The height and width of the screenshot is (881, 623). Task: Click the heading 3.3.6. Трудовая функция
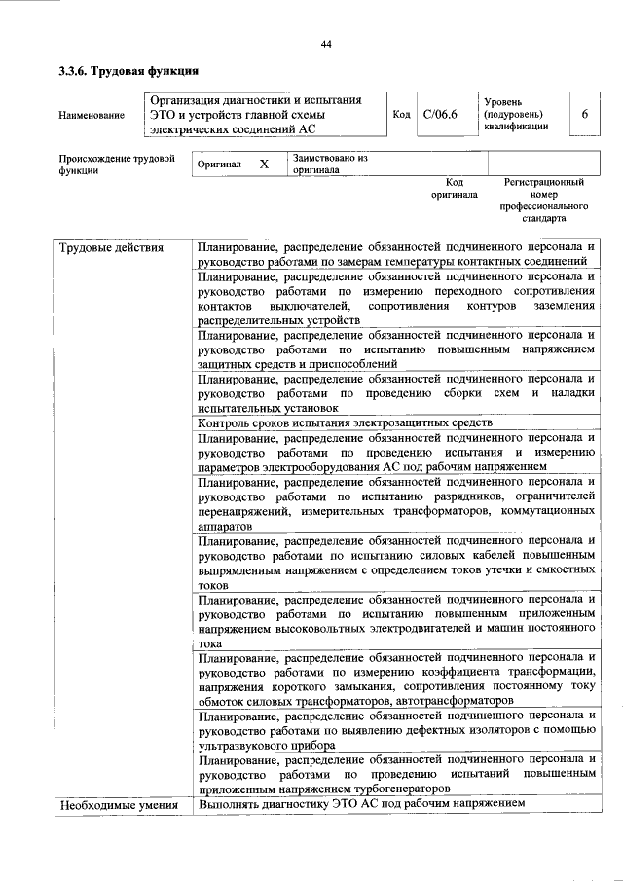point(128,70)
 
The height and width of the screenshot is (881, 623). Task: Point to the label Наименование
point(92,116)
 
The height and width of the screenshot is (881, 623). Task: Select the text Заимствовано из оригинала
point(330,163)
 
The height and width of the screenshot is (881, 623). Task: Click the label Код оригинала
point(454,188)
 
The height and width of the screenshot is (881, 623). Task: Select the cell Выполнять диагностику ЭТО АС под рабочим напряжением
point(361,805)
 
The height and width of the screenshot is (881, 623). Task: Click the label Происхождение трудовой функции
point(117,163)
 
